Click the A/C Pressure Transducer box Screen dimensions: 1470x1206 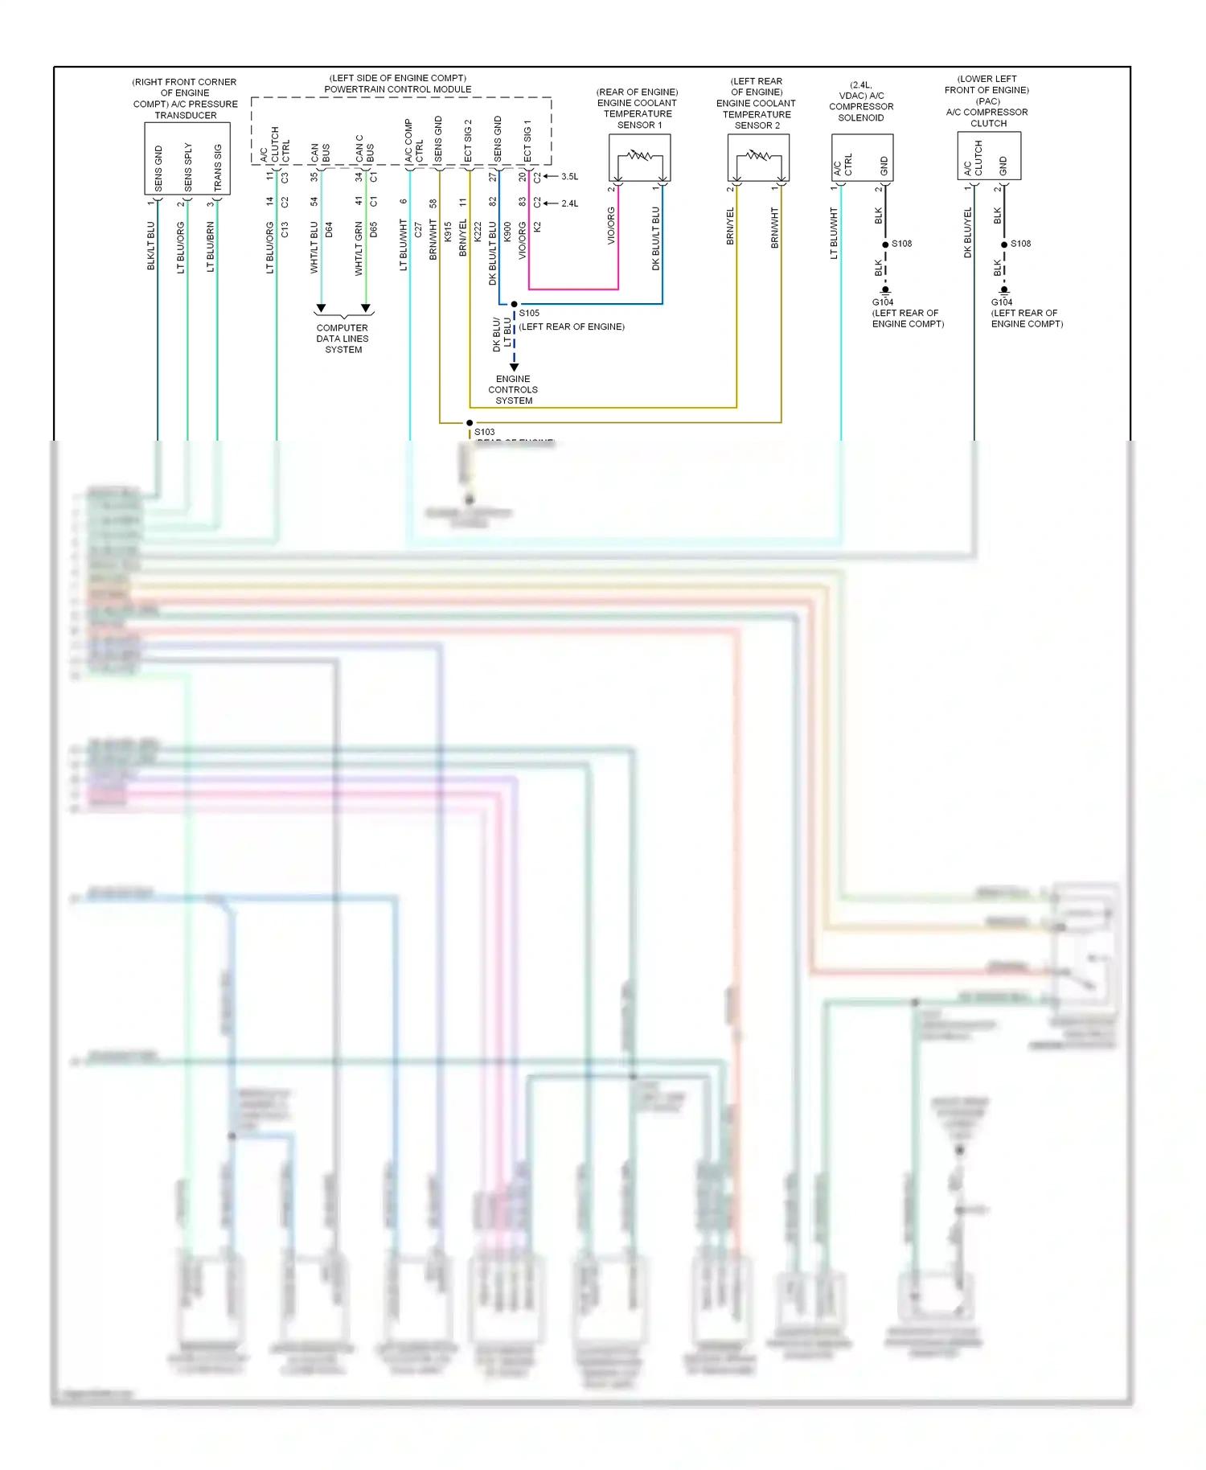point(187,158)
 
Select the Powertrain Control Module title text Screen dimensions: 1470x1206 point(398,89)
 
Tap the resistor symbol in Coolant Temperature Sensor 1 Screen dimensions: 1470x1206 point(640,155)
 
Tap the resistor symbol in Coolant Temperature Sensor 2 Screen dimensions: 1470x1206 point(758,155)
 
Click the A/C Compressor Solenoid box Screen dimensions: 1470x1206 point(862,158)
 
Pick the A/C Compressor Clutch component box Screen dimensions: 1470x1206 point(989,156)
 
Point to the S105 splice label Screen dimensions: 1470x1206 point(529,314)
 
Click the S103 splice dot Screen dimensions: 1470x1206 point(470,423)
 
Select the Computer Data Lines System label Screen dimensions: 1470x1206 point(343,339)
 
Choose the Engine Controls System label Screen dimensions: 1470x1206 point(513,389)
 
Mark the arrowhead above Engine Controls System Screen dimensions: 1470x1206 point(515,367)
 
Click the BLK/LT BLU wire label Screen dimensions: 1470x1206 point(151,246)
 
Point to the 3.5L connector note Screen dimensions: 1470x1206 point(569,177)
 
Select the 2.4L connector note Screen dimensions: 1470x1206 point(569,203)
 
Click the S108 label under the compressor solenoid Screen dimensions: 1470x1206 point(901,244)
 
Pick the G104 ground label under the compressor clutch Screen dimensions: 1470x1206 point(1002,302)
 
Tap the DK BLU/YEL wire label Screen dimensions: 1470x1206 point(968,233)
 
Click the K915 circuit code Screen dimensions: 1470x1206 point(448,232)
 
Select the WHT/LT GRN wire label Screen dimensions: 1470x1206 point(359,249)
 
